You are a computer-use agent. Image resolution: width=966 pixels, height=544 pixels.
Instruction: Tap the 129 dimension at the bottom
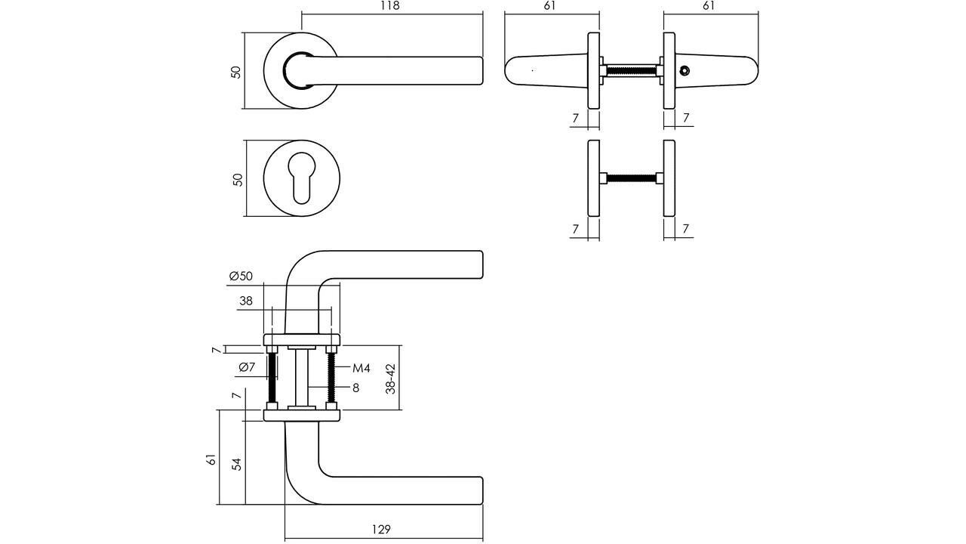pyautogui.click(x=382, y=530)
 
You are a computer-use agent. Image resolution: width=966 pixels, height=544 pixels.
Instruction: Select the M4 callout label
pyautogui.click(x=361, y=369)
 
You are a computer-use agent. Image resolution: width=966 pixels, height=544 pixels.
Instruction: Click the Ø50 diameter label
pyautogui.click(x=241, y=277)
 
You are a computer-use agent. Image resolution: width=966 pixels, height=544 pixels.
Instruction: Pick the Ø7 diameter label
pyautogui.click(x=248, y=367)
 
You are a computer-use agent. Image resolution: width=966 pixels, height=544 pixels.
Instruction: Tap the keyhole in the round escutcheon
pyautogui.click(x=301, y=179)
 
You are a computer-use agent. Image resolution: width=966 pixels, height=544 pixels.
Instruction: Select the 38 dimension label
pyautogui.click(x=246, y=301)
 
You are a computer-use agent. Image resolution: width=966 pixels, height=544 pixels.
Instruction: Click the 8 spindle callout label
pyautogui.click(x=355, y=388)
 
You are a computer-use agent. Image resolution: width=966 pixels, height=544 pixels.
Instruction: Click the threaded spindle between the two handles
pyautogui.click(x=631, y=71)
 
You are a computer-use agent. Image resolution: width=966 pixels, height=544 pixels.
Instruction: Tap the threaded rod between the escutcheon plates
pyautogui.click(x=631, y=179)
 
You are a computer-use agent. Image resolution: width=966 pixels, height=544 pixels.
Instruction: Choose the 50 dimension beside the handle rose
pyautogui.click(x=236, y=72)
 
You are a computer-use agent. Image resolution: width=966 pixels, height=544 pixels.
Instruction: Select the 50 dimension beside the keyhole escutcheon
pyautogui.click(x=237, y=180)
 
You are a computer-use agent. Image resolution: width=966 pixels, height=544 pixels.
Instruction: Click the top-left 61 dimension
pyautogui.click(x=549, y=6)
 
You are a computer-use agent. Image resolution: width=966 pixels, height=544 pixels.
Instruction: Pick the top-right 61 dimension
pyautogui.click(x=709, y=6)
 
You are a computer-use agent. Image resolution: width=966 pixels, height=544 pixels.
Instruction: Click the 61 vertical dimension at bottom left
pyautogui.click(x=211, y=459)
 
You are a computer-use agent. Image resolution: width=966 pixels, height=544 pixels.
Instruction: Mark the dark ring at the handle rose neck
pyautogui.click(x=291, y=68)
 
